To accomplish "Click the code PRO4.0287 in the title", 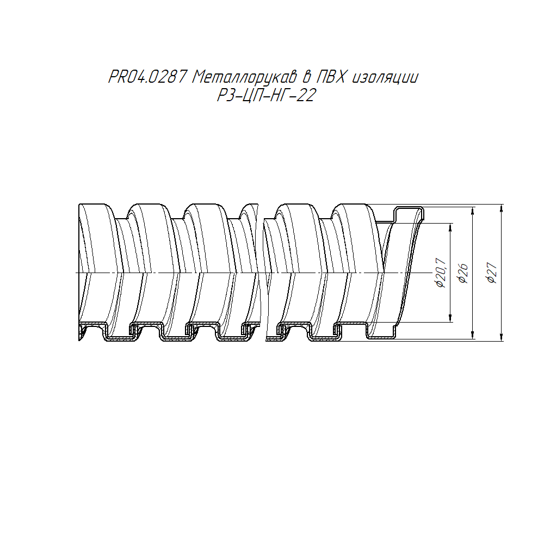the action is [x=148, y=77].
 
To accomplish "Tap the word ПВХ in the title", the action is [x=331, y=77].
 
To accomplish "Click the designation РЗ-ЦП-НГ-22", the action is [x=267, y=95].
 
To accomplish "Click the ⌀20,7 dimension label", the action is [x=441, y=273].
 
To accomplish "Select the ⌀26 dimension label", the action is [x=463, y=274].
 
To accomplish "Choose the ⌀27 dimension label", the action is [x=492, y=273].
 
